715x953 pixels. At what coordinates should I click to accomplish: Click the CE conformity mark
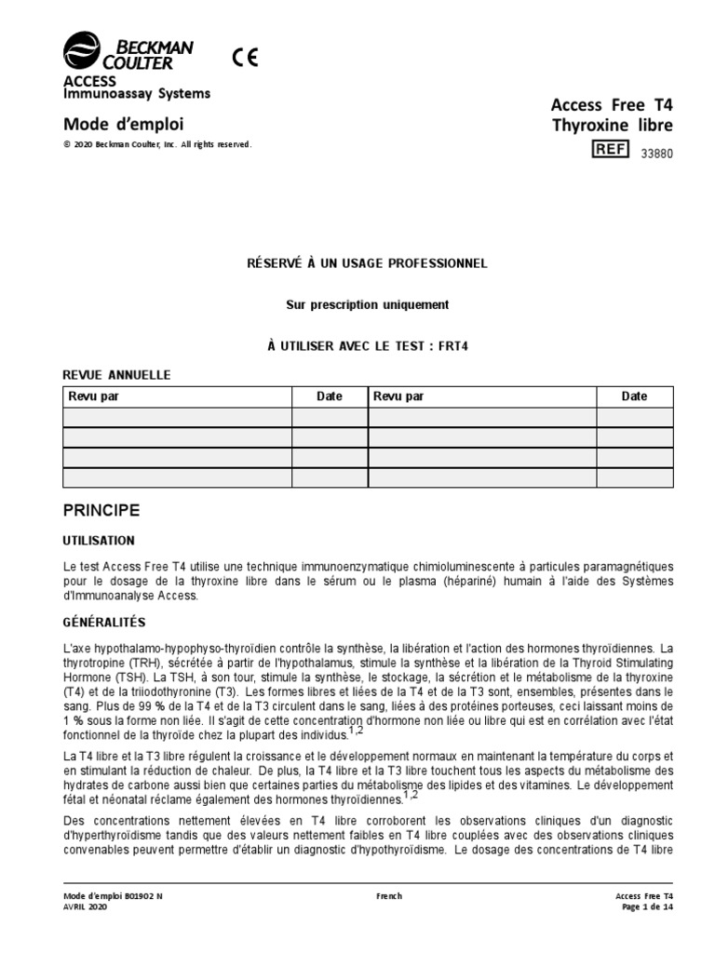[246, 57]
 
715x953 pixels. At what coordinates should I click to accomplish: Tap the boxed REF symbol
[611, 149]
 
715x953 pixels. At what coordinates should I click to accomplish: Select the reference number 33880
[654, 154]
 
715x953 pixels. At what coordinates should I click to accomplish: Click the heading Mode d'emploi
[123, 124]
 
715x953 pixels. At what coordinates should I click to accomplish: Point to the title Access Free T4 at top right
[612, 105]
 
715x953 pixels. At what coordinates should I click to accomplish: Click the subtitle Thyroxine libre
[612, 126]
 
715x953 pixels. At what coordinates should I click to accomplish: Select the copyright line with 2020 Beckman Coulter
[156, 145]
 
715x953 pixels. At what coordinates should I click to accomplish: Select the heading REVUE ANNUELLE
[115, 374]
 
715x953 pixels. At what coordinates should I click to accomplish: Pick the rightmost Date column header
[634, 396]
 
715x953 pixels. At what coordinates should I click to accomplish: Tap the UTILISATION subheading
[98, 540]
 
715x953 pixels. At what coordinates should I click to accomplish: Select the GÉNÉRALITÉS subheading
[103, 621]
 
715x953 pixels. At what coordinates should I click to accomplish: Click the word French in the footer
[389, 895]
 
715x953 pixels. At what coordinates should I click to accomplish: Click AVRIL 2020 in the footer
[85, 906]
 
